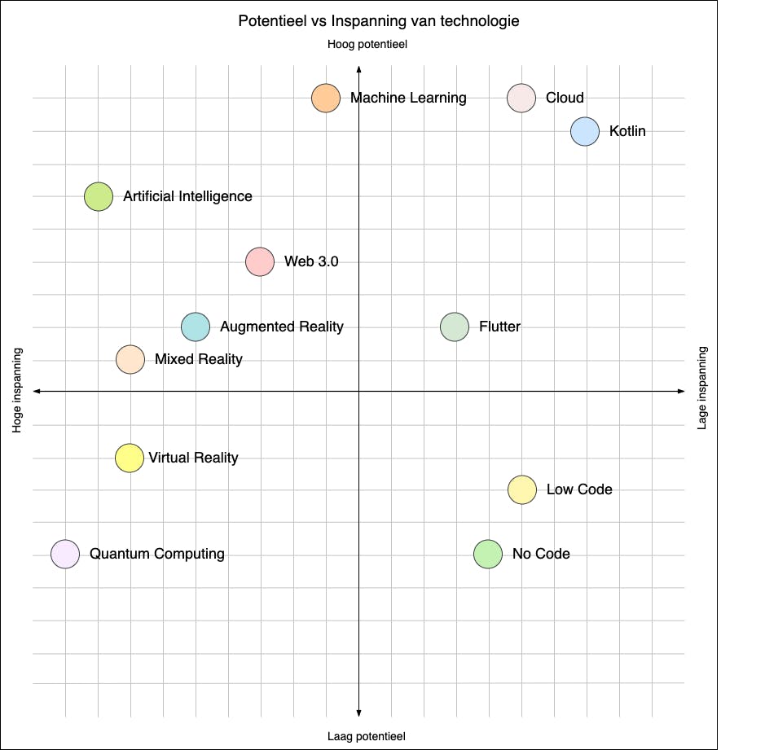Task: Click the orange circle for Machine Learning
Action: point(326,99)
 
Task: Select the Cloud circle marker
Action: point(521,99)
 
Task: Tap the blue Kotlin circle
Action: point(585,131)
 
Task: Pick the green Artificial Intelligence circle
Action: point(99,196)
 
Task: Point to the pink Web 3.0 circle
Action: point(260,261)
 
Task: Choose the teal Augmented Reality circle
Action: point(196,327)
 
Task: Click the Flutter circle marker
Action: point(455,327)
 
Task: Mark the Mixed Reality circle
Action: point(130,359)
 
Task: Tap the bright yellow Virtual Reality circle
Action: point(130,458)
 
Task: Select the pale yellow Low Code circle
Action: point(522,489)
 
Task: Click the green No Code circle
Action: point(488,555)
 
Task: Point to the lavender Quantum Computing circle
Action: point(65,555)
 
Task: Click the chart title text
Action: point(379,21)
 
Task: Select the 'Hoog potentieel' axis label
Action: point(367,46)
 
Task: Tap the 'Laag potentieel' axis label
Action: point(367,736)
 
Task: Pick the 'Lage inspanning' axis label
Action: point(703,388)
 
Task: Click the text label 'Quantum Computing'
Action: point(157,554)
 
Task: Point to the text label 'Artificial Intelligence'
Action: point(187,196)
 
